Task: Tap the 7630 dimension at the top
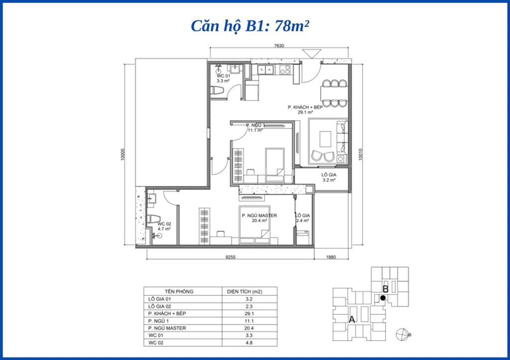(279, 46)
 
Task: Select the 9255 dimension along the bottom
(230, 257)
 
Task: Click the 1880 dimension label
(332, 257)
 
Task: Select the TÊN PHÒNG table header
(179, 291)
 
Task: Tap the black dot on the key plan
(382, 298)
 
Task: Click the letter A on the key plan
(352, 320)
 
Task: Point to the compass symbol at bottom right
(401, 334)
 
